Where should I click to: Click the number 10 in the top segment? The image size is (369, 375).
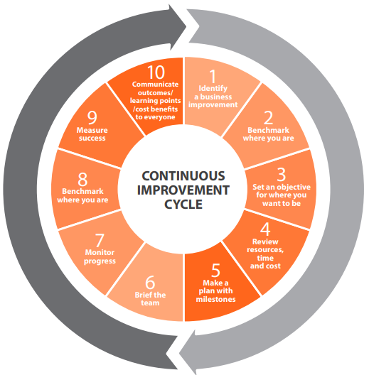pyautogui.click(x=156, y=72)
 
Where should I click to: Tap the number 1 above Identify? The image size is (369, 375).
pyautogui.click(x=213, y=76)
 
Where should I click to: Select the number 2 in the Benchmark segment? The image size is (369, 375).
pyautogui.click(x=268, y=118)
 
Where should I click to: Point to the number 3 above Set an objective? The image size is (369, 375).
pyautogui.click(x=282, y=174)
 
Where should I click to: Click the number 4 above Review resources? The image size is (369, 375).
pyautogui.click(x=265, y=229)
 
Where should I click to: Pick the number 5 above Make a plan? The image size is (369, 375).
pyautogui.click(x=215, y=271)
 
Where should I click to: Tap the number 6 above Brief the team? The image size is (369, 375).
pyautogui.click(x=150, y=283)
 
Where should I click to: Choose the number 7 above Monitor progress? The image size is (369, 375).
pyautogui.click(x=100, y=240)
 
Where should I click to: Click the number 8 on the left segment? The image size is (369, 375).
pyautogui.click(x=82, y=179)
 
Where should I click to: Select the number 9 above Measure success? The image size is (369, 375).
pyautogui.click(x=92, y=118)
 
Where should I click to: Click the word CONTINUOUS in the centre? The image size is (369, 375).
pyautogui.click(x=183, y=176)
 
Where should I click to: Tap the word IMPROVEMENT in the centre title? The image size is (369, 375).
pyautogui.click(x=183, y=190)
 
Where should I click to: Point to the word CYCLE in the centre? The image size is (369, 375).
pyautogui.click(x=183, y=205)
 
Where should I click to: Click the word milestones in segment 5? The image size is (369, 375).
pyautogui.click(x=215, y=299)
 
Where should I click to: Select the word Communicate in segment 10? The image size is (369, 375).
pyautogui.click(x=155, y=85)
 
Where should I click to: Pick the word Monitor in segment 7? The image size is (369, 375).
pyautogui.click(x=100, y=252)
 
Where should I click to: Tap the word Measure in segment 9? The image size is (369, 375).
pyautogui.click(x=92, y=130)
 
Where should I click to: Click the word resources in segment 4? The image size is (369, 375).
pyautogui.click(x=265, y=250)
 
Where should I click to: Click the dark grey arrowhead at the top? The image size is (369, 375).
pyautogui.click(x=178, y=27)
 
